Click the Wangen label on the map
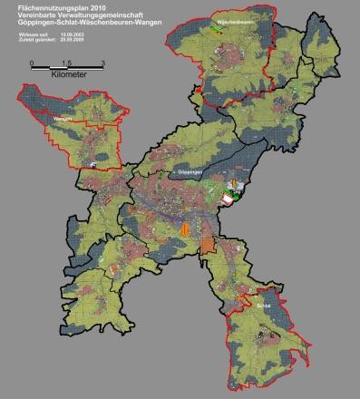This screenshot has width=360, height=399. point(62,118)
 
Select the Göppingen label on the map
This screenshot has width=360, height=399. point(187,170)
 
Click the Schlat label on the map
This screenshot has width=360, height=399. point(263,307)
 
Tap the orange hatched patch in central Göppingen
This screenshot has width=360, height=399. point(188,229)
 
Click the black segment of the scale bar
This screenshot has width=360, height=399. point(51,67)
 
